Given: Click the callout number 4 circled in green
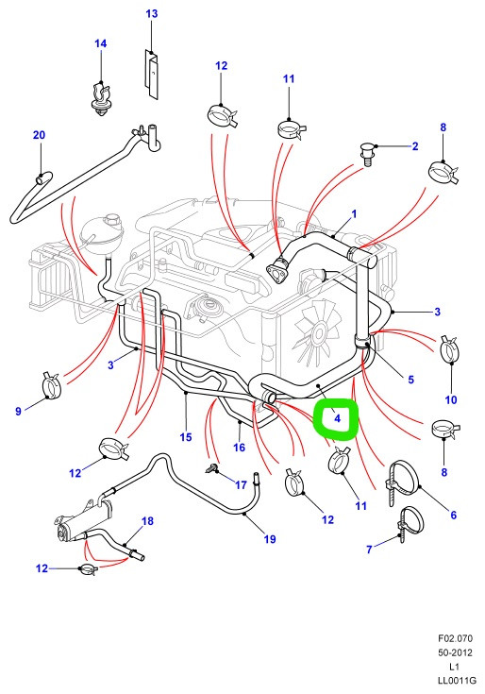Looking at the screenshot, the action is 338,417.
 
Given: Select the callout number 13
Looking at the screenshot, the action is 152,14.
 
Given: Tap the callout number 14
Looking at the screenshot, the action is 101,43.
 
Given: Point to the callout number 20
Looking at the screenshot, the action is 39,134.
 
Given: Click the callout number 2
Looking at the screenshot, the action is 415,146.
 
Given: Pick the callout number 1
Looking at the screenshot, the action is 354,214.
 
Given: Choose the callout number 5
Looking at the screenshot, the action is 410,380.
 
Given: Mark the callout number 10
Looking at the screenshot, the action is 450,400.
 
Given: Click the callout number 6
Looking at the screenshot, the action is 453,515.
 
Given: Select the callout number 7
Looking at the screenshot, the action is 370,550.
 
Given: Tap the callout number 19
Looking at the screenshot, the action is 270,539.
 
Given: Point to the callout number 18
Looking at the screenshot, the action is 147,521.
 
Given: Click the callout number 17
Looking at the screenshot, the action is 241,485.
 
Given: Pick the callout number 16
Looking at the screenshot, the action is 239,448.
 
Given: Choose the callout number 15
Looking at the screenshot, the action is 186,437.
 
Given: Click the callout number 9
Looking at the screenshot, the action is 18,411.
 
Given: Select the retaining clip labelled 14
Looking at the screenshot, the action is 100,98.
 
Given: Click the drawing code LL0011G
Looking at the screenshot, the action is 457,680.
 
